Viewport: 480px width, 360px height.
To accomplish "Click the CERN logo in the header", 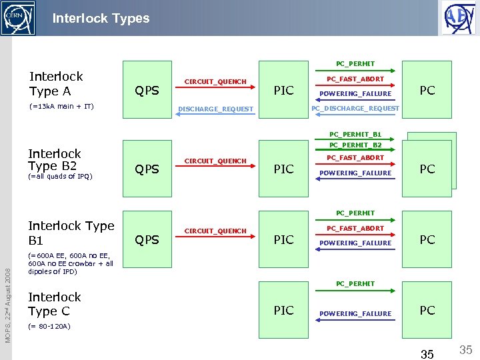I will (18, 17).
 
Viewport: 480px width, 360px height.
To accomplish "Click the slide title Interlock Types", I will (101, 18).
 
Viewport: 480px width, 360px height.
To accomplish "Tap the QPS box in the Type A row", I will (147, 90).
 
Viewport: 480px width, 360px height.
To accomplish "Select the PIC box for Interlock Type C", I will (284, 310).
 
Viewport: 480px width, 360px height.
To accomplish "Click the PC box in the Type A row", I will (427, 90).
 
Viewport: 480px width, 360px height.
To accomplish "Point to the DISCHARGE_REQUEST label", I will (215, 109).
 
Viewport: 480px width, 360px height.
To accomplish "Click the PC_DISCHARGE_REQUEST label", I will (355, 109).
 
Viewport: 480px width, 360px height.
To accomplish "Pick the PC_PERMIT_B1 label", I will (355, 134).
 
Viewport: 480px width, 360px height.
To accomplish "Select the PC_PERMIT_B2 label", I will (355, 145).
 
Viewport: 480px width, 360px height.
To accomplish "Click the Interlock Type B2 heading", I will (54, 160).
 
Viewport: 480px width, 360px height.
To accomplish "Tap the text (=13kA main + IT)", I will (61, 107).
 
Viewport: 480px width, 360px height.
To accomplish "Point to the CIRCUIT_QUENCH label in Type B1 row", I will (215, 231).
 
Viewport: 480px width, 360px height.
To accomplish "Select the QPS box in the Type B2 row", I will (147, 169).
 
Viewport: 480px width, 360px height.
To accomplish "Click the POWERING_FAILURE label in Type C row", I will (355, 314).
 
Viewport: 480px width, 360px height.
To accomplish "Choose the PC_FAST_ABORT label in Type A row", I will (355, 79).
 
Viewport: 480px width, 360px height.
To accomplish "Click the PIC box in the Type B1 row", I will (284, 239).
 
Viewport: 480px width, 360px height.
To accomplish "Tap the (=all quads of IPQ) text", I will (60, 177).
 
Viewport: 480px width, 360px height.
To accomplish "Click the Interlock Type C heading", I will (54, 304).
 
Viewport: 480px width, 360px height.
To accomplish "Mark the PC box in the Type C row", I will (427, 310).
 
